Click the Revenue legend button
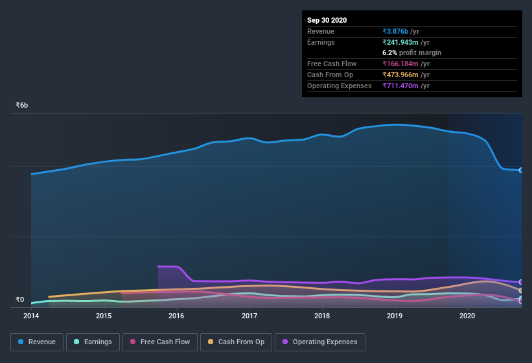click(37, 342)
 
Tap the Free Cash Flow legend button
click(160, 342)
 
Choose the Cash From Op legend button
click(235, 342)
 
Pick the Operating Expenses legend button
click(319, 342)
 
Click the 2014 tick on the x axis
click(31, 316)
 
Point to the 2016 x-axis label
click(176, 316)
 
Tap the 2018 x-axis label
click(322, 316)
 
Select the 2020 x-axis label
click(467, 316)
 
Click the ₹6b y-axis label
click(22, 105)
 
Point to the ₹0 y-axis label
click(19, 299)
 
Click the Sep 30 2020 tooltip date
click(327, 20)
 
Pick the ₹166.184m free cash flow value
click(406, 64)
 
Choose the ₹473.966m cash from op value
click(406, 75)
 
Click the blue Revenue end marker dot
click(521, 170)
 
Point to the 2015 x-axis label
click(104, 316)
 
